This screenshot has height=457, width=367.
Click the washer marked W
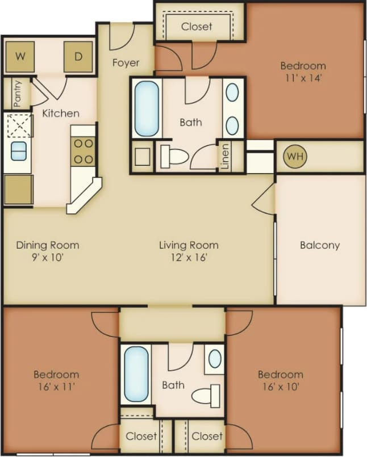click(x=20, y=56)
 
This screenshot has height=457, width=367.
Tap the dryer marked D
click(x=78, y=56)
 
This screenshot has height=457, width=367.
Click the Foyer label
click(x=126, y=62)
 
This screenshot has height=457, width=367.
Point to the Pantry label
click(x=17, y=94)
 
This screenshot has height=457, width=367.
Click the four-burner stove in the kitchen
click(x=83, y=151)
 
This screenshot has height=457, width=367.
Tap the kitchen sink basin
click(x=18, y=151)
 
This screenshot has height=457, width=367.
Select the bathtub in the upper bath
click(x=147, y=108)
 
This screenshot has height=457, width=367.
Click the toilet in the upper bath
click(x=173, y=156)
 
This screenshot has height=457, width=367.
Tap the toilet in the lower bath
click(x=206, y=395)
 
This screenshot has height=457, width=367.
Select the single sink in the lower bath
click(x=215, y=359)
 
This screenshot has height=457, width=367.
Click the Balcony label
click(x=320, y=245)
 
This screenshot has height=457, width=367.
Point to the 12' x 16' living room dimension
click(x=189, y=257)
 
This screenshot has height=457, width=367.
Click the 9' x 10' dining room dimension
click(x=47, y=257)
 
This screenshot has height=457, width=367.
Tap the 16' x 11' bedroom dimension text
click(x=56, y=387)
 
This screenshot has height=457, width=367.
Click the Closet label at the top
click(x=197, y=26)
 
